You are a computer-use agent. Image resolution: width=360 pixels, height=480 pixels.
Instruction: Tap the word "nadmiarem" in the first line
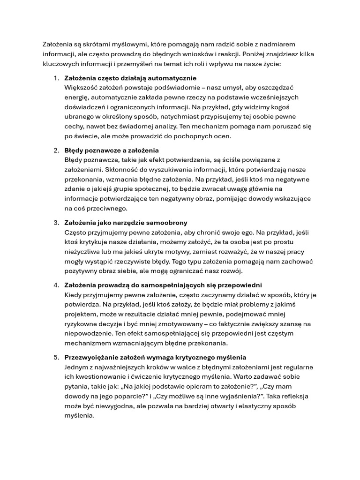280,44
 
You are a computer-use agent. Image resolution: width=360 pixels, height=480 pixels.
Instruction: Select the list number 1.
56,78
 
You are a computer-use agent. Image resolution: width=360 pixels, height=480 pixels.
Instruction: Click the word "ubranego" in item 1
79,116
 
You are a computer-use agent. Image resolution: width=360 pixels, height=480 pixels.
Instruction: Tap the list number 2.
56,150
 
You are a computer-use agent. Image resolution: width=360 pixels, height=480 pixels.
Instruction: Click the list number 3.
56,223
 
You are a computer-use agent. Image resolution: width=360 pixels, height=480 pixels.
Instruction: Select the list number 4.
56,285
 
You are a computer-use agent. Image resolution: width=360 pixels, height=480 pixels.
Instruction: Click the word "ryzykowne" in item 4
81,324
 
